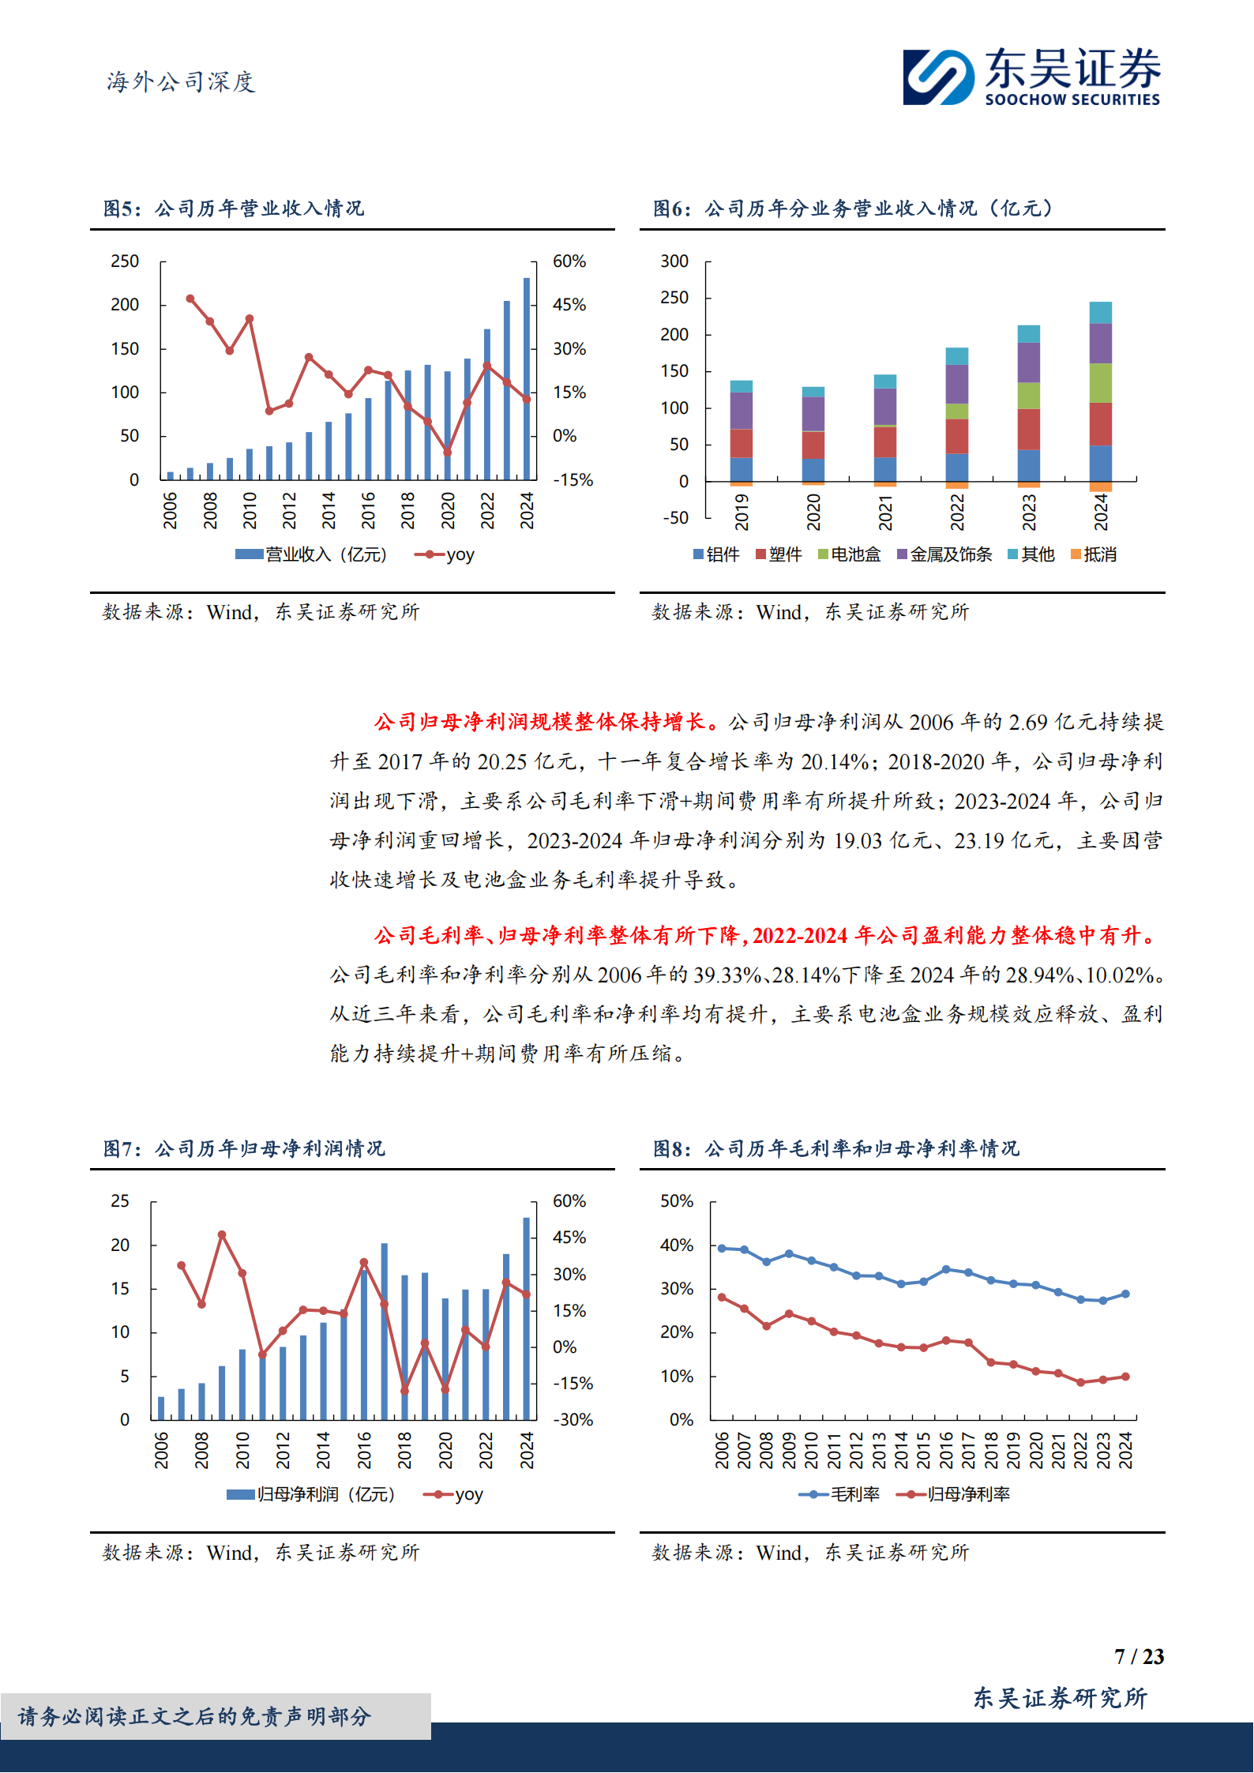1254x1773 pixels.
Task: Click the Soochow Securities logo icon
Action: tap(938, 77)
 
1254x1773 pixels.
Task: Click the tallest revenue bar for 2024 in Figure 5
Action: tap(527, 379)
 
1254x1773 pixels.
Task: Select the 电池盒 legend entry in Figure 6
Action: tap(850, 555)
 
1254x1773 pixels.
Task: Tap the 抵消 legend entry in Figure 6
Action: tap(1094, 555)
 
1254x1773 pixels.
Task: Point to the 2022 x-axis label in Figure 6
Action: tap(957, 512)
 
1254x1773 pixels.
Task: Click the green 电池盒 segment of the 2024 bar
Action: tap(1100, 383)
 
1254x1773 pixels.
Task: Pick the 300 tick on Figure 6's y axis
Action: tap(674, 261)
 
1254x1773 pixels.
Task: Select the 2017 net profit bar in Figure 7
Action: tap(385, 1332)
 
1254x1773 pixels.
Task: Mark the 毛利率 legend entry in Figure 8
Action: tap(839, 1495)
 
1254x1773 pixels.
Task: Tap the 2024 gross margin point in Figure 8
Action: tap(1125, 1294)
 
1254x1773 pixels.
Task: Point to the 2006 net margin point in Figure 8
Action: tap(722, 1298)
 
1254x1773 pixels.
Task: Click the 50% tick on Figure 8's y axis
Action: tap(677, 1201)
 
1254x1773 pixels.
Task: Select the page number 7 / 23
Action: tap(1139, 1657)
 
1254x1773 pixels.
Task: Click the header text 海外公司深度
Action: tap(181, 82)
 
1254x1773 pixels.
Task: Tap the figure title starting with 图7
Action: tap(244, 1148)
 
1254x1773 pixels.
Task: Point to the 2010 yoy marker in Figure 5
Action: tap(250, 319)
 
